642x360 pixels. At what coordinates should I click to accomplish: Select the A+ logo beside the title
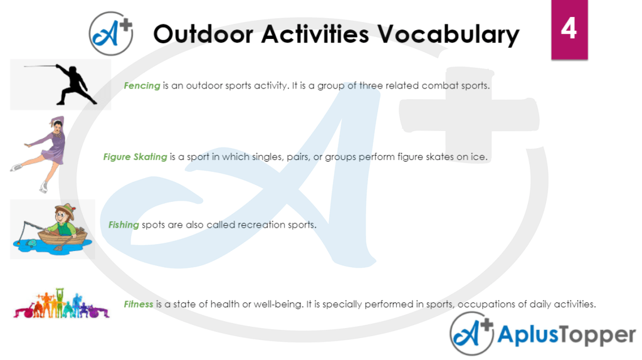point(111,33)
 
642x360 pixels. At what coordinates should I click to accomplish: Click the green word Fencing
point(142,85)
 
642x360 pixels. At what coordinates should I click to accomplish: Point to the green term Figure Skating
point(135,157)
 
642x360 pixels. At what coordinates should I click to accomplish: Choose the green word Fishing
point(124,225)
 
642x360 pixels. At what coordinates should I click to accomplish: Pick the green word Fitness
point(139,304)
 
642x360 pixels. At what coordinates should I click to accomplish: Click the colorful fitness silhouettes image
point(61,304)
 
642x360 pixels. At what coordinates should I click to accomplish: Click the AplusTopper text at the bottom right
point(566,335)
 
